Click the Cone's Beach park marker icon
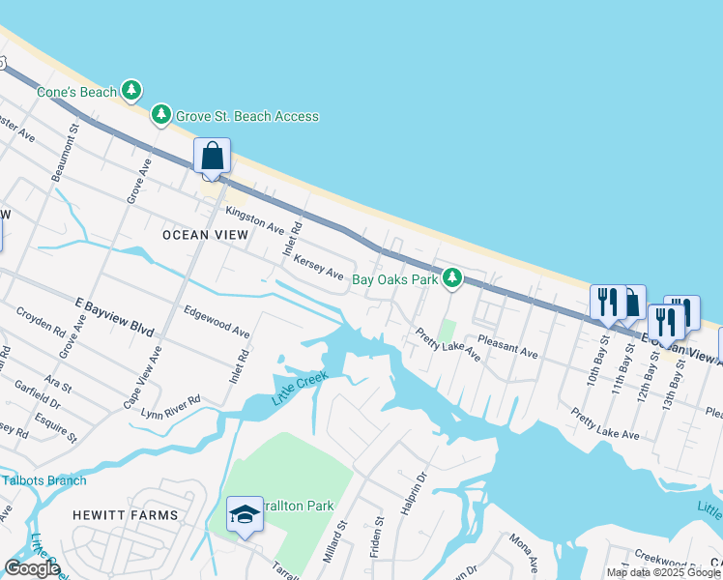point(131,92)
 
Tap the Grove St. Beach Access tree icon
point(160,116)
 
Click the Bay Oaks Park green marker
point(450,279)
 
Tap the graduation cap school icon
point(245,516)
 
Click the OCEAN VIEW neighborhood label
point(205,235)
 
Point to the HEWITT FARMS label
point(126,516)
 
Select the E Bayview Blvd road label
point(115,316)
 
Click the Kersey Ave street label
point(319,268)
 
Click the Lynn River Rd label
point(170,406)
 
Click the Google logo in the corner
point(32,568)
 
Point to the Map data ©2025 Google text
point(664,572)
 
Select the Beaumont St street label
point(71,150)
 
